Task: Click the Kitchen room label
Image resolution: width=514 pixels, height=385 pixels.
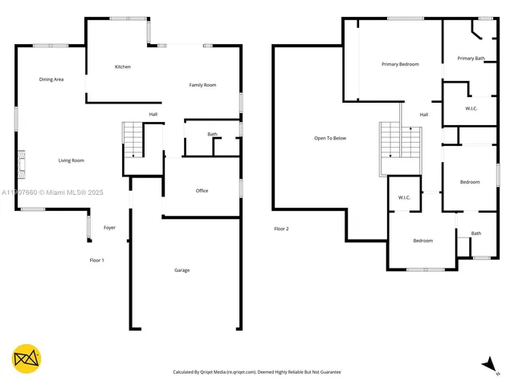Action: [x=122, y=67]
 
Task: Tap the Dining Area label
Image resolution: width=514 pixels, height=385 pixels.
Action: [x=51, y=79]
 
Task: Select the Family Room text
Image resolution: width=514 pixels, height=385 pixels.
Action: [x=202, y=85]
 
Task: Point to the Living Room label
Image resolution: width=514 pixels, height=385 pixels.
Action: [x=71, y=160]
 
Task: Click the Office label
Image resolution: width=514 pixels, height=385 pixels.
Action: [x=202, y=191]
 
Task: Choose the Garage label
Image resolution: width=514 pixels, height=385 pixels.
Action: [x=182, y=270]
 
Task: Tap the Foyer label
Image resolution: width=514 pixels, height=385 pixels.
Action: [x=109, y=228]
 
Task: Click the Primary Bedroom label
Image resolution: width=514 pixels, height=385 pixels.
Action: [x=400, y=64]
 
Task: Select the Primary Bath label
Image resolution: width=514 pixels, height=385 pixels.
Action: [x=471, y=59]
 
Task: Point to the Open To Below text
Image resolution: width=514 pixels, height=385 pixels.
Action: [x=330, y=139]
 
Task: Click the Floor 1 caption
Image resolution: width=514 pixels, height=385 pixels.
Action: [x=96, y=261]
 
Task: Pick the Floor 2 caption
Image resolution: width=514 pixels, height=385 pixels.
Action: [x=281, y=229]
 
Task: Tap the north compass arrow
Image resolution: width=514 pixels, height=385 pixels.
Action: [x=487, y=364]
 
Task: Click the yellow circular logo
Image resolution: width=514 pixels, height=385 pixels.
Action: [x=27, y=359]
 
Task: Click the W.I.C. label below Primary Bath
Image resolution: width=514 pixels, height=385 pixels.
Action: [x=472, y=108]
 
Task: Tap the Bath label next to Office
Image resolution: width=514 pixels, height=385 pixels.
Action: [x=212, y=134]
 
